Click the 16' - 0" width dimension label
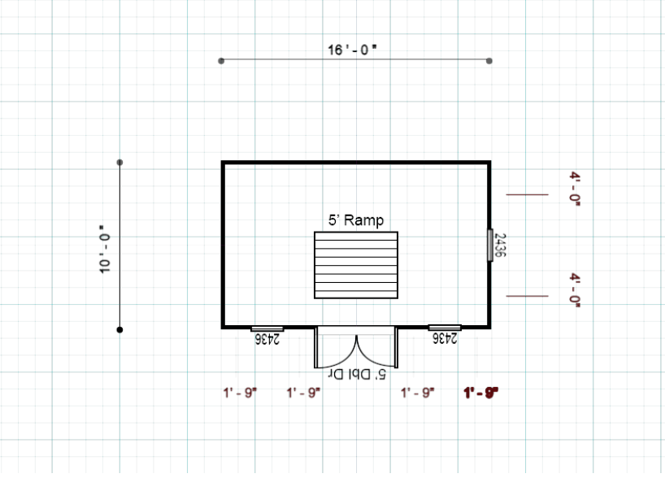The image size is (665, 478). (353, 50)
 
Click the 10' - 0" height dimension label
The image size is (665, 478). (104, 250)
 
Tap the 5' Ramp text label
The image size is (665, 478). (355, 219)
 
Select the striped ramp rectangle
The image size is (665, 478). (356, 265)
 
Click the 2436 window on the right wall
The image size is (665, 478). (489, 245)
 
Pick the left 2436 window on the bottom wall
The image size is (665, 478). (266, 328)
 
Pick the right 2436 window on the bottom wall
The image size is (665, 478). (445, 328)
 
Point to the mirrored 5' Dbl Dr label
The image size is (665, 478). (355, 375)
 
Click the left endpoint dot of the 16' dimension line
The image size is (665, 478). (221, 61)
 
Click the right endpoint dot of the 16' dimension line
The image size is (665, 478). (489, 61)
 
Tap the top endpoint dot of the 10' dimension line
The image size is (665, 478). (120, 163)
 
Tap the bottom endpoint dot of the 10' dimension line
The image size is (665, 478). (120, 329)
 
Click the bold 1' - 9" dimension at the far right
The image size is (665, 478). (480, 393)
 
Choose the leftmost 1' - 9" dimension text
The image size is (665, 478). (240, 393)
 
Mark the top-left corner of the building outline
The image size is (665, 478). (224, 163)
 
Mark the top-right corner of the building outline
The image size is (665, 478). (489, 163)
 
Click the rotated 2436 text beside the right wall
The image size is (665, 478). (501, 245)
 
